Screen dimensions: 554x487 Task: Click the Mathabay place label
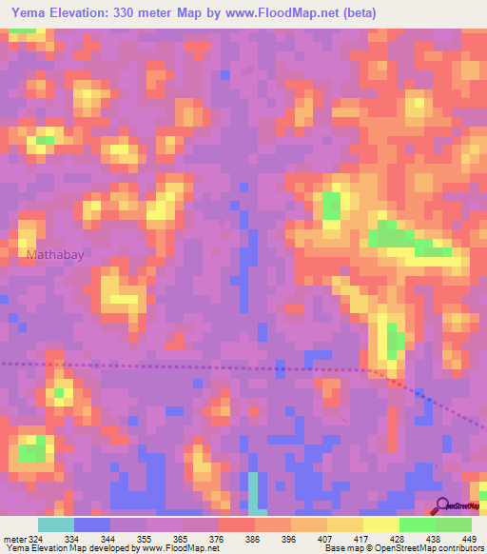coord(58,255)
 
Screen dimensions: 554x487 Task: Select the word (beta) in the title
coord(358,13)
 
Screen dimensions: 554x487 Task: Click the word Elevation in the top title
coord(84,13)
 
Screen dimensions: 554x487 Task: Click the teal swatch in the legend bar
coord(56,524)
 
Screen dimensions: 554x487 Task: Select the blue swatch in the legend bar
coord(92,524)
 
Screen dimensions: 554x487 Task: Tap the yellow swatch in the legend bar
coord(380,524)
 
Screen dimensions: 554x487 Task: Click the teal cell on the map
coord(253,491)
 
